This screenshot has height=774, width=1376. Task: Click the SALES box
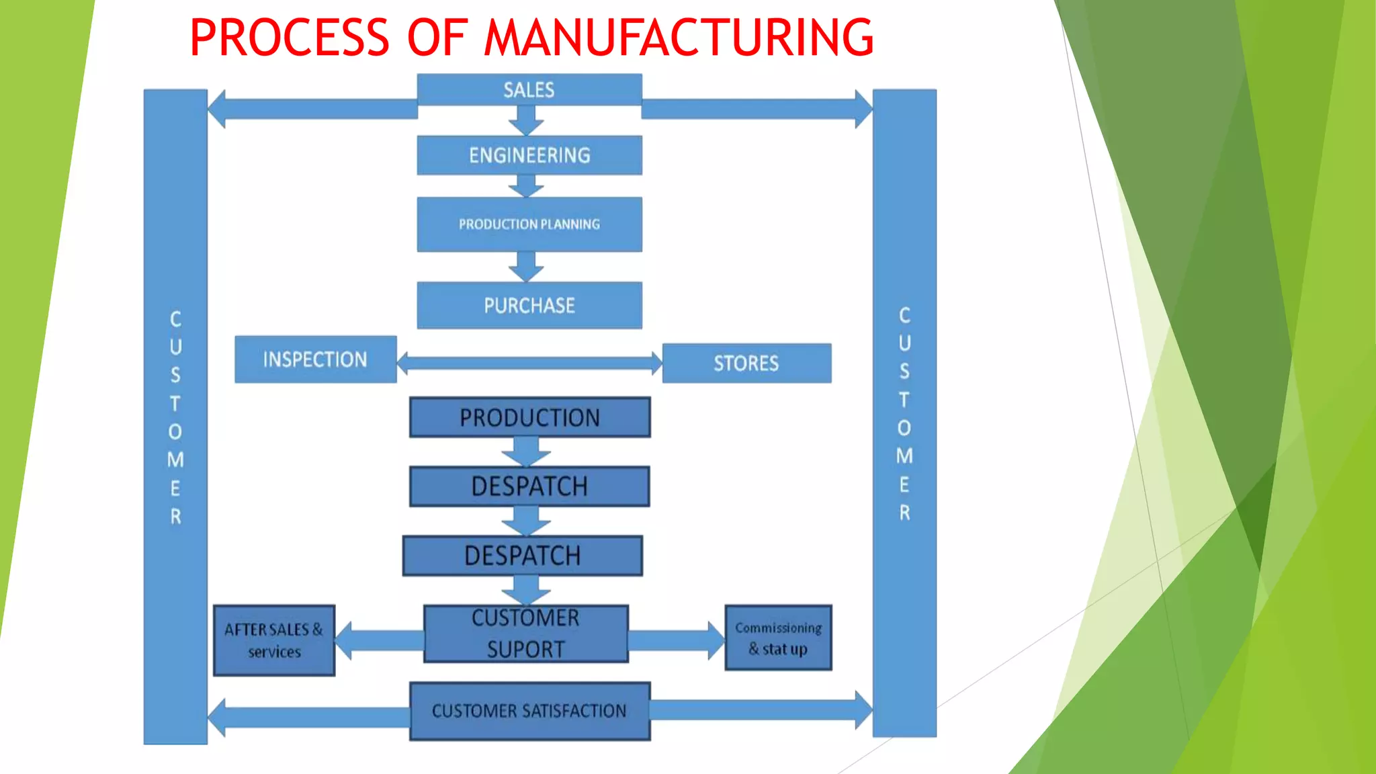(529, 89)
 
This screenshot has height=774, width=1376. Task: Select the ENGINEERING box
(529, 155)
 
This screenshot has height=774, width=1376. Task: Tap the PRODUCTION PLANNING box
(529, 224)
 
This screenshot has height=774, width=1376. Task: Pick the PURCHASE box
(529, 306)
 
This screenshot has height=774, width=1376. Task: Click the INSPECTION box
(315, 359)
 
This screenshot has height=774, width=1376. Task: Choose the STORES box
(746, 363)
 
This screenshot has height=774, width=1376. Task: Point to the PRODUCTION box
(529, 417)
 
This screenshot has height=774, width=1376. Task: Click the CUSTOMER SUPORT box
(525, 634)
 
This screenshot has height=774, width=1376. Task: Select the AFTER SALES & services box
(273, 640)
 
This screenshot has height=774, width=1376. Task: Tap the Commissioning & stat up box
(778, 638)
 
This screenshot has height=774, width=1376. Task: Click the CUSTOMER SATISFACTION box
(529, 711)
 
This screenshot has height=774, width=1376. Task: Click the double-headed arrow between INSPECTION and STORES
(529, 363)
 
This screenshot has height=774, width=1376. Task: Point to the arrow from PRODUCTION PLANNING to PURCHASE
(526, 267)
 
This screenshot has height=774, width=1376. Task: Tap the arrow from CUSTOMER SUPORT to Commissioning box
(675, 640)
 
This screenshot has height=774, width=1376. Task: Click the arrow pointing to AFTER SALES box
(378, 640)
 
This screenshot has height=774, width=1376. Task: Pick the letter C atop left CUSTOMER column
(175, 319)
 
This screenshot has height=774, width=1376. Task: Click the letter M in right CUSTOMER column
(904, 456)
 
